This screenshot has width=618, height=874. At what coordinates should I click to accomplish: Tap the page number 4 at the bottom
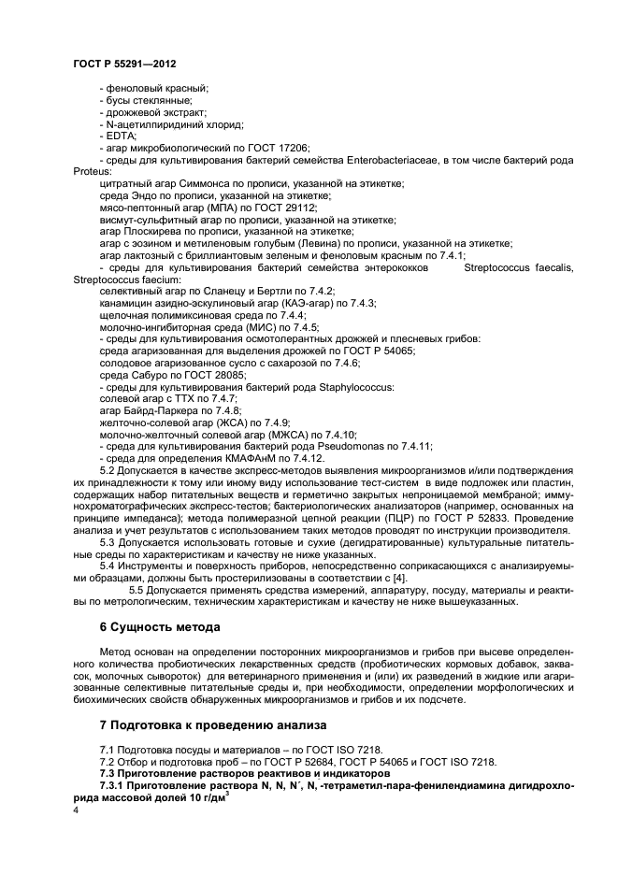(x=75, y=810)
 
